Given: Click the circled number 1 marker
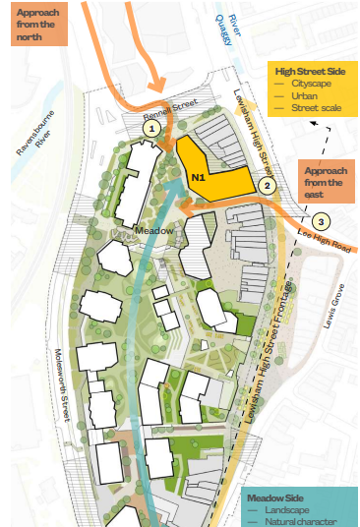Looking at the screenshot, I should coord(150,127).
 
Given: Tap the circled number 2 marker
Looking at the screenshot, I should coord(264,183).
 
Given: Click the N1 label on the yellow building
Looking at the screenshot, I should coord(198,177).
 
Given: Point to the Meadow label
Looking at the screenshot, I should coord(155,230).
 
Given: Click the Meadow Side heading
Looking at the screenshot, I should coord(281,498).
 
